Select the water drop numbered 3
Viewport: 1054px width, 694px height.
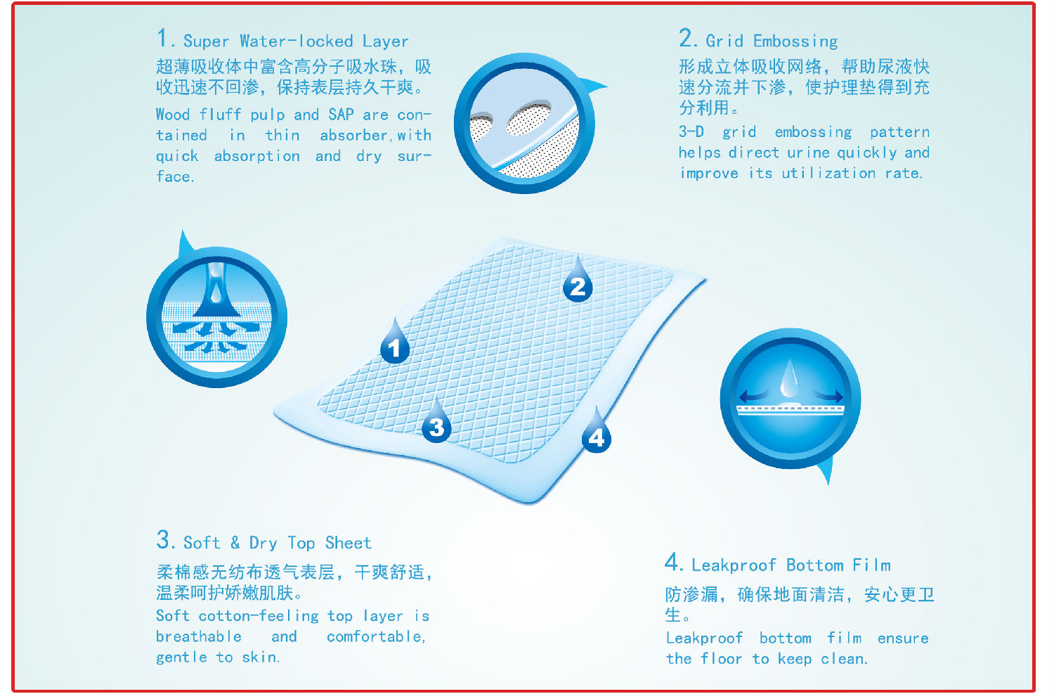pyautogui.click(x=436, y=423)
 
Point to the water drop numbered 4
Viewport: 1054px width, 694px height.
pyautogui.click(x=596, y=433)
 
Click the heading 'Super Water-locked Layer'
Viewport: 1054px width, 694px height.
pyautogui.click(x=296, y=41)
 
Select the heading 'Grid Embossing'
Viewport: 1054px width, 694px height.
pyautogui.click(x=772, y=41)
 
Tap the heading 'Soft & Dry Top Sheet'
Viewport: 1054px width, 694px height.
pyautogui.click(x=277, y=543)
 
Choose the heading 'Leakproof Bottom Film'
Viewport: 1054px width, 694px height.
pyautogui.click(x=791, y=565)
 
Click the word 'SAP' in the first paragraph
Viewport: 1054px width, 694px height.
pyautogui.click(x=341, y=115)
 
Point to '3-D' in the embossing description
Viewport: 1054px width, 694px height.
pyautogui.click(x=691, y=131)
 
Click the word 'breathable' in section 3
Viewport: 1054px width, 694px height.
pyautogui.click(x=199, y=636)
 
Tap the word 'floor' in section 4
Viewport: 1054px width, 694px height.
pyautogui.click(x=721, y=659)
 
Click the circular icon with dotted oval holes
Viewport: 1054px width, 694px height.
pyautogui.click(x=525, y=123)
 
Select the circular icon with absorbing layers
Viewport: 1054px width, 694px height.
pyautogui.click(x=217, y=316)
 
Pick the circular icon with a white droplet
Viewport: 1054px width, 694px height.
pyautogui.click(x=790, y=398)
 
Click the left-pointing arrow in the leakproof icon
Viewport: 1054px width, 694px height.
pyautogui.click(x=752, y=394)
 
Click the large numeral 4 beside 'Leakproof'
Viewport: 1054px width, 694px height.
pyautogui.click(x=671, y=563)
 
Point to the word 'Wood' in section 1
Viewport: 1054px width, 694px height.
pyautogui.click(x=173, y=115)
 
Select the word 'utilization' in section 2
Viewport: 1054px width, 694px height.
pyautogui.click(x=828, y=173)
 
